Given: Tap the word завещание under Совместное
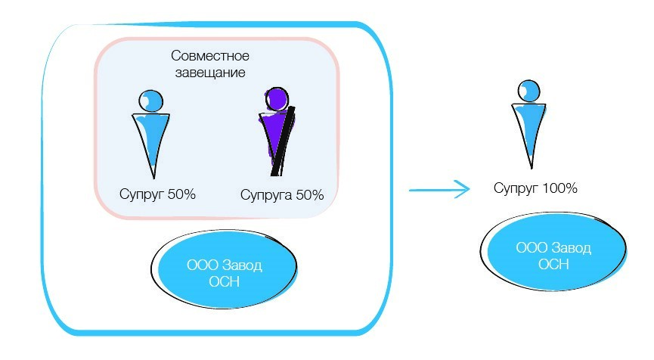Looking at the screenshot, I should click(x=209, y=73).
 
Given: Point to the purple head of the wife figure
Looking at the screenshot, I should click(x=277, y=99).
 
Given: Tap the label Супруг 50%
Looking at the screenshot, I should click(x=157, y=194).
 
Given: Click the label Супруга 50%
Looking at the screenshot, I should click(x=282, y=195).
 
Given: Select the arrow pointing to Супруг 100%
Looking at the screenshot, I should click(x=439, y=190).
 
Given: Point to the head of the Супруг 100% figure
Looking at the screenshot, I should click(x=530, y=90).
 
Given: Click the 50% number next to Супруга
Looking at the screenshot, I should click(x=309, y=195).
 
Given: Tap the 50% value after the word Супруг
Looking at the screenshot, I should click(x=181, y=194).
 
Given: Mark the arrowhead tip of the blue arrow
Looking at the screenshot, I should click(x=468, y=190).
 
